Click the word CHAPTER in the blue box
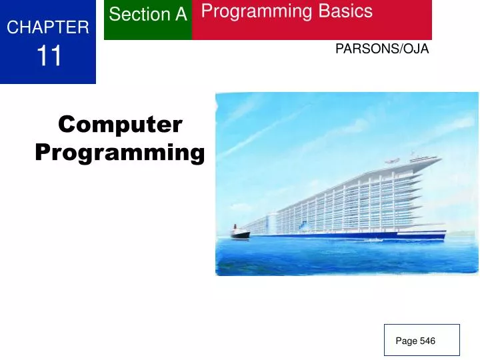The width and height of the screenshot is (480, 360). (48, 27)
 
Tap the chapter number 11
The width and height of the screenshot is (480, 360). (48, 56)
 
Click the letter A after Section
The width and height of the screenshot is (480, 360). (181, 14)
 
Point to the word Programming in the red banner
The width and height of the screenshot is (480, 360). (256, 11)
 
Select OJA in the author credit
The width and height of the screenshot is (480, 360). (416, 49)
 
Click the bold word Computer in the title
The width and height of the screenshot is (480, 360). (120, 124)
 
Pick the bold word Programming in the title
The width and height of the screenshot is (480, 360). (120, 153)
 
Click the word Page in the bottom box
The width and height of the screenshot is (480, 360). (406, 341)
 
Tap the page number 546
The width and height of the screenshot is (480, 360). (427, 341)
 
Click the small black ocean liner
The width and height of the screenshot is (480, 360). (239, 233)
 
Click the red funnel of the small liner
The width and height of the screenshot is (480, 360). (235, 228)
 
